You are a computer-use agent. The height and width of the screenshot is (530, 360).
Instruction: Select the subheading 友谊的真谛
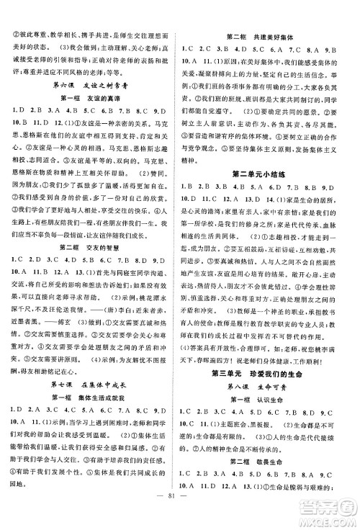pos(91,97)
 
